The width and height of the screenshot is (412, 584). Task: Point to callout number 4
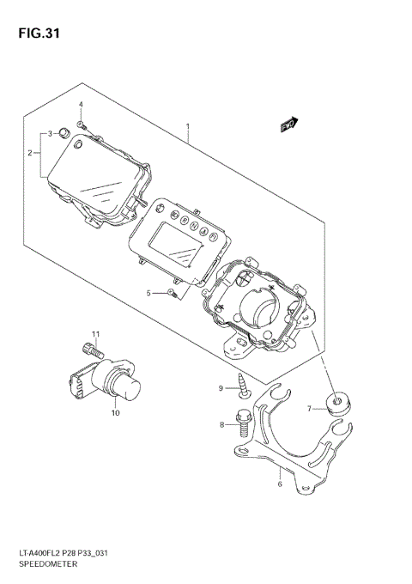pos(81,105)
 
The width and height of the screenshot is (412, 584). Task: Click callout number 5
pos(148,293)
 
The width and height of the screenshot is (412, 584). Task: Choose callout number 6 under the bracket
pos(280,484)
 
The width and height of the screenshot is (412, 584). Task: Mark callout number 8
pos(221,424)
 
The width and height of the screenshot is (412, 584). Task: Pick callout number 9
pos(221,389)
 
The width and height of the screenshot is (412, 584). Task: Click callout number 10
pos(115,412)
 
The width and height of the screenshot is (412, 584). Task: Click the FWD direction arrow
pos(288,125)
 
